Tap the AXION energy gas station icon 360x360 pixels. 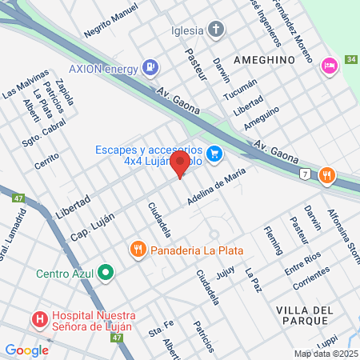[x=149, y=67]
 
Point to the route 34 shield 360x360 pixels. [x=352, y=60]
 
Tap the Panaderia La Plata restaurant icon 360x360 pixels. [x=138, y=250]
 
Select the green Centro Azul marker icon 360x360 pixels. [x=106, y=274]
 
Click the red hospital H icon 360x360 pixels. [x=39, y=321]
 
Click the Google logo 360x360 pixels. [x=26, y=350]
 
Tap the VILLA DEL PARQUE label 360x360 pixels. [x=303, y=315]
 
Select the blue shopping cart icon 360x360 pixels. [x=214, y=154]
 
